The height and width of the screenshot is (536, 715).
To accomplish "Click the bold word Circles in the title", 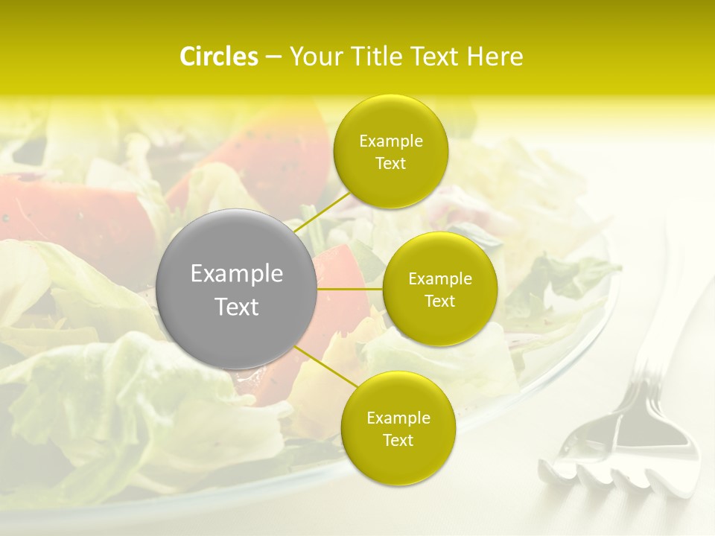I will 218,57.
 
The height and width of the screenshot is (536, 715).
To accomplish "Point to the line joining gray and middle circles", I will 349,289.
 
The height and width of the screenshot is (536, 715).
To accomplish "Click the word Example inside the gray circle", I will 237,274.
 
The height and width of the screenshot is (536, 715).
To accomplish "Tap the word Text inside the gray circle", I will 237,307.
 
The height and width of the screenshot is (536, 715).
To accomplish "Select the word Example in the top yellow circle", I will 390,141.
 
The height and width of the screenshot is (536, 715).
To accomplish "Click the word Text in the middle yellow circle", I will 439,301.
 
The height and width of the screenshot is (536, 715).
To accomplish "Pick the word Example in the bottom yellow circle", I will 398,418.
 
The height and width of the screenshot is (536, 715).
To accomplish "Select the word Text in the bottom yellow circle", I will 398,440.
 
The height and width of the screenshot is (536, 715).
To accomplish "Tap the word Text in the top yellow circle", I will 390,163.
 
